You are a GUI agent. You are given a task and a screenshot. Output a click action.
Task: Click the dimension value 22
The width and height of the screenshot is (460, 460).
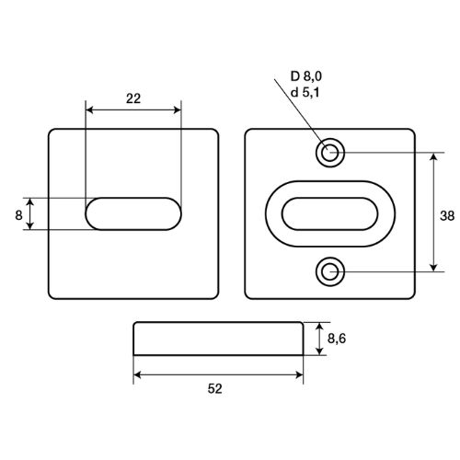pos(133,98)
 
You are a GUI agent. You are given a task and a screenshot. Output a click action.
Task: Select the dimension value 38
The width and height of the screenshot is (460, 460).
pos(447,216)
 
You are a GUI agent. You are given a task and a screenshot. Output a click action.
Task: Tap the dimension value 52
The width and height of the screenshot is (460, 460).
pos(214,389)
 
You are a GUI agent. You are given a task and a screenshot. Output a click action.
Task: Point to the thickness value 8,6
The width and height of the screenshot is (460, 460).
pos(337,339)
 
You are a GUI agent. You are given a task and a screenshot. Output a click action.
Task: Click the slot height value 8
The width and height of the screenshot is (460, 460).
pos(18,215)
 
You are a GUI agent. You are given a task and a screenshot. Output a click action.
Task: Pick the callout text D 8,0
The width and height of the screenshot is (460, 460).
pos(306,76)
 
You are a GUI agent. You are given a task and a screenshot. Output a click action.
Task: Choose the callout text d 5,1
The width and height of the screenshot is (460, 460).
pos(305,92)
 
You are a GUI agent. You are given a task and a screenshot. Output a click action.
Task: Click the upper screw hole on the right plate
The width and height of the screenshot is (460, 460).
pos(330,153)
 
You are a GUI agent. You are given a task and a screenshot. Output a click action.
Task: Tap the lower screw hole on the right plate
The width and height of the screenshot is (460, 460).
pos(330,271)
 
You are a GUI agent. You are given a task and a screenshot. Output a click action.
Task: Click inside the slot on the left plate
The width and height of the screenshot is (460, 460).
pos(133,213)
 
